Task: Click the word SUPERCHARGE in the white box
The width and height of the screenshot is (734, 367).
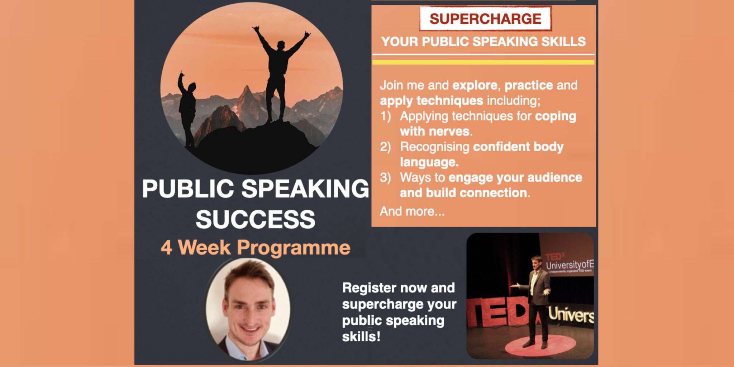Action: [485, 19]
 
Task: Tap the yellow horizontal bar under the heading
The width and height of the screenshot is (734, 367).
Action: [483, 62]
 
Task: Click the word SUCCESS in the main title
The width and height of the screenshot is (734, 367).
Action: [255, 219]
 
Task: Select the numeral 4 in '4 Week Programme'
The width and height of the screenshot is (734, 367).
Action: [166, 248]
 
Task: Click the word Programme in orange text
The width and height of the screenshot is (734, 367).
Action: [294, 248]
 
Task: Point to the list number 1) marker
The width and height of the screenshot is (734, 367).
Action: [385, 116]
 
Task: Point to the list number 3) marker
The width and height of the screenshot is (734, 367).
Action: [385, 177]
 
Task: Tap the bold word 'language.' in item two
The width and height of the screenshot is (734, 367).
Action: [429, 162]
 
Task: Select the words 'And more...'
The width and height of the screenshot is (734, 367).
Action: [412, 211]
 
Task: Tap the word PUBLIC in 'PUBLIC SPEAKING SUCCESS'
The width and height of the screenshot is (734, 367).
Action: [188, 189]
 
